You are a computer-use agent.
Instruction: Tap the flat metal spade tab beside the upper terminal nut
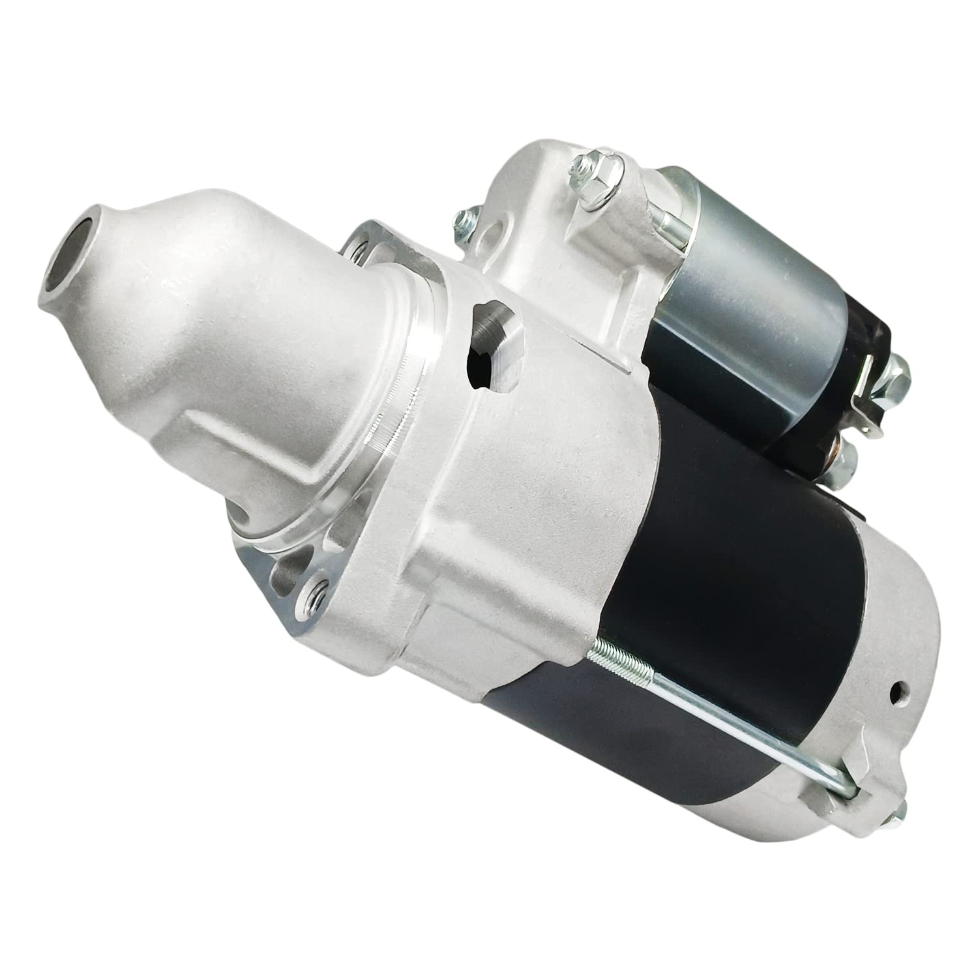pos(870,391)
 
